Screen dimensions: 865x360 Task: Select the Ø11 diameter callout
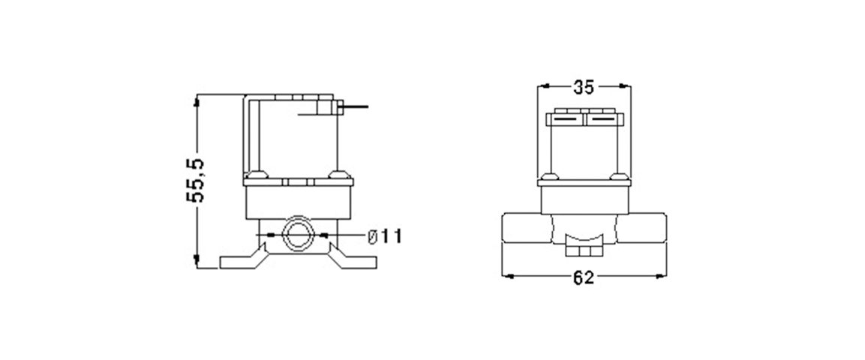[x=385, y=236]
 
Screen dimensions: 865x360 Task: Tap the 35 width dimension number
[x=584, y=86]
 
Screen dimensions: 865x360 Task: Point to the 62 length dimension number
[x=584, y=277]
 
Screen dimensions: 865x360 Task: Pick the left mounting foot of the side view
[x=244, y=258]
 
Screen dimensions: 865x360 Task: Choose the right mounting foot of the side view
[x=353, y=258]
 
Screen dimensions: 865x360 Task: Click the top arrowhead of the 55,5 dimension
[x=196, y=100]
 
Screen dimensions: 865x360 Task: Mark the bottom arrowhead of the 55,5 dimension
[x=196, y=262]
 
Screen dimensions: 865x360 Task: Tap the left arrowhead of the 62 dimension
[x=508, y=276]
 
